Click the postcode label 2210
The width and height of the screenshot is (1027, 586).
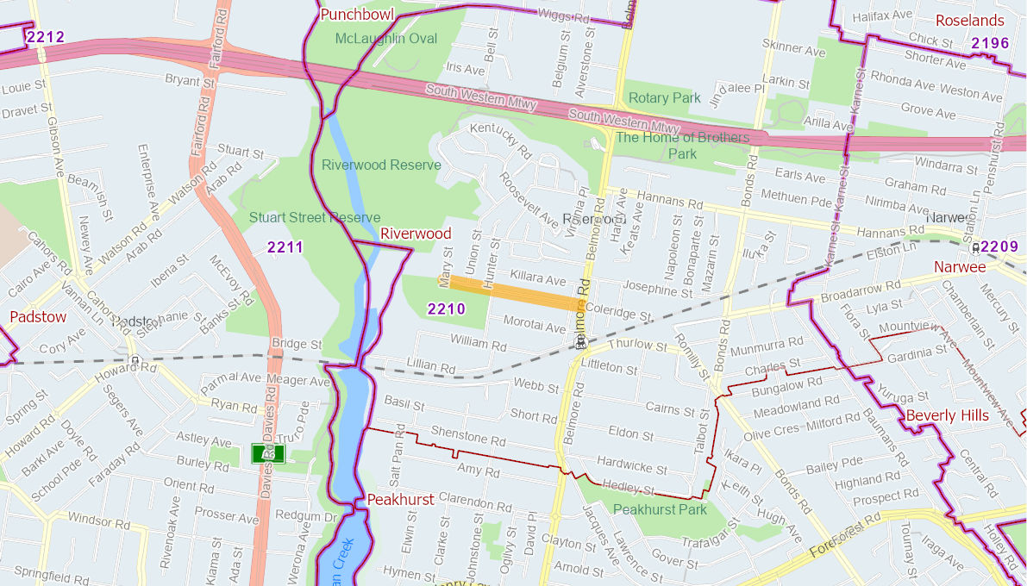coord(446,309)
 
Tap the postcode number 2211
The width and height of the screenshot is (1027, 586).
coord(285,247)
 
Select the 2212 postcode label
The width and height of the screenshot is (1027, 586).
coord(45,37)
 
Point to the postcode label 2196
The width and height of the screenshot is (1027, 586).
coord(990,43)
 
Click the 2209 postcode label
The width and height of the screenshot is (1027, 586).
coord(999,246)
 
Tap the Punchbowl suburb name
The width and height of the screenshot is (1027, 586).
coord(356,15)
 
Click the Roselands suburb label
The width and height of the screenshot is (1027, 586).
coord(970,21)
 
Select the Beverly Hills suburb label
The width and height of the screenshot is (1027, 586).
coord(947,415)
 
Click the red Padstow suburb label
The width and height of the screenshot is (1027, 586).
coord(37,316)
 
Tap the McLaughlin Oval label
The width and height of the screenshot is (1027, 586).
coord(385,39)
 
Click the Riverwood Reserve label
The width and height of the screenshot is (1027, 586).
coord(381,165)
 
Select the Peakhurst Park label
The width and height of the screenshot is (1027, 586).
coord(660,509)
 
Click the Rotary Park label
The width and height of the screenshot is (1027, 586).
coord(664,98)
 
